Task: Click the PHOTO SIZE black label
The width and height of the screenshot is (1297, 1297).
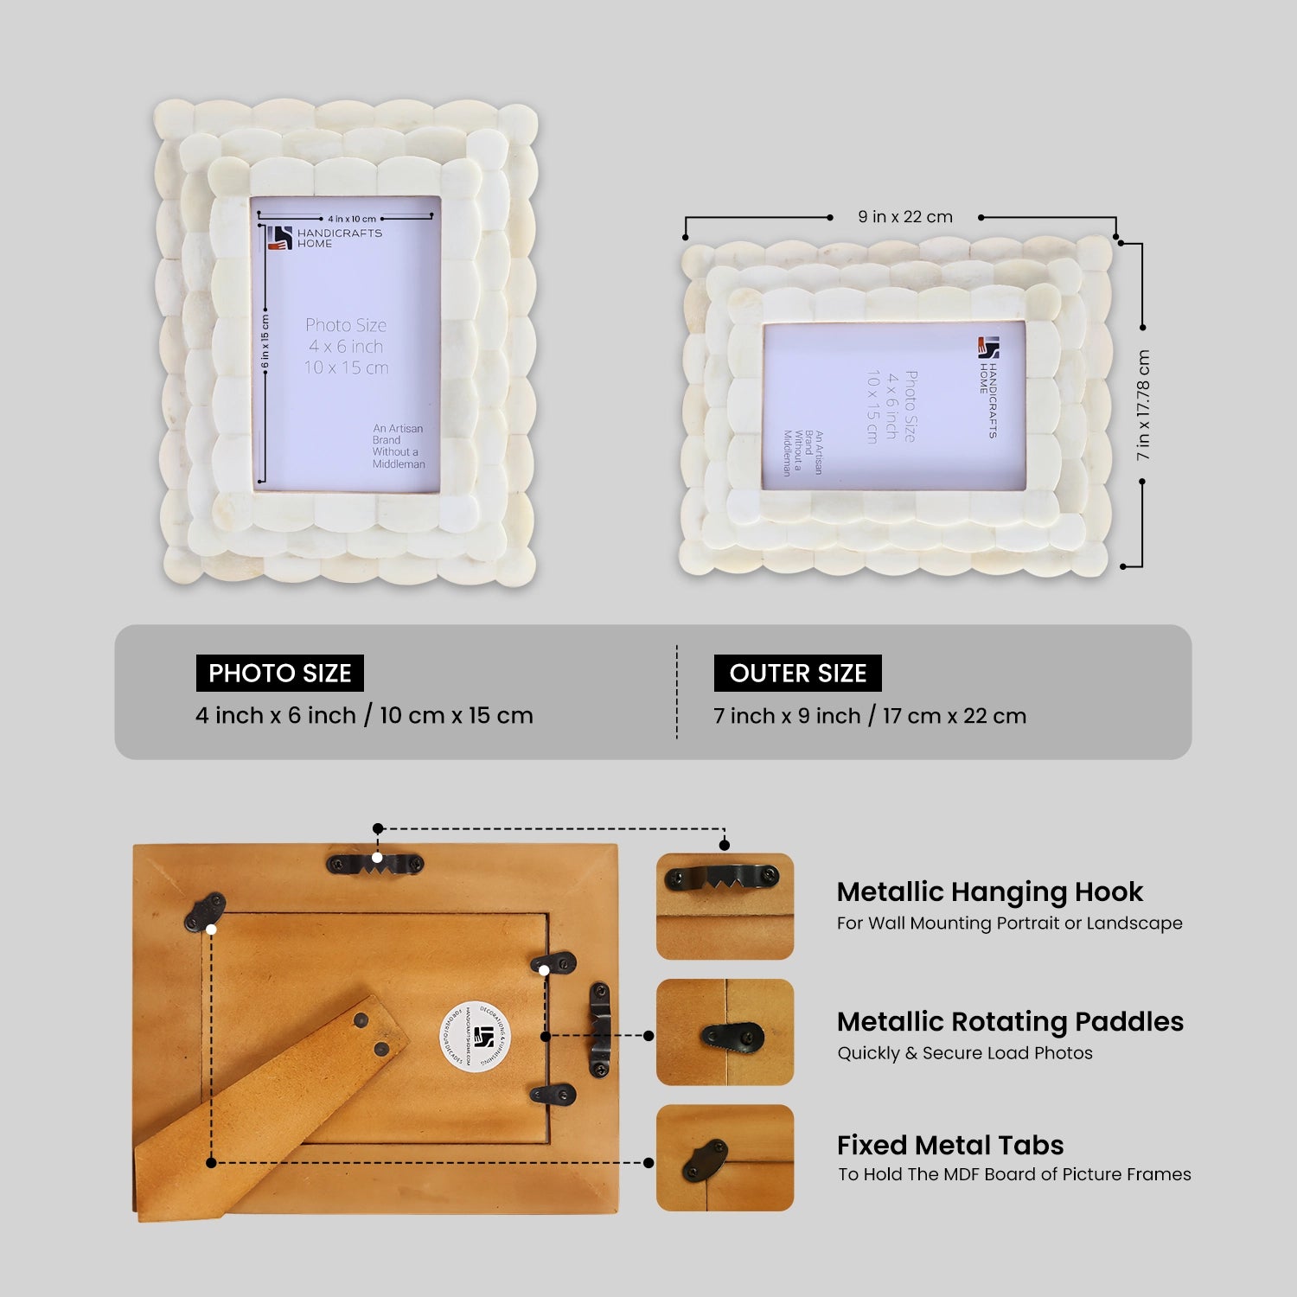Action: (279, 673)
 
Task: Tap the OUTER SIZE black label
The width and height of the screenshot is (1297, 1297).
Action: (797, 673)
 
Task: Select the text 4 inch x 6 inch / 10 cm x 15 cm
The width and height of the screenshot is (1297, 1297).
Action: (364, 715)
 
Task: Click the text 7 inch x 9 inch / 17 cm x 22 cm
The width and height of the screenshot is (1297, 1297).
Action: (870, 716)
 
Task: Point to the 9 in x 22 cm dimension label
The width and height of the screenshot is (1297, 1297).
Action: (904, 217)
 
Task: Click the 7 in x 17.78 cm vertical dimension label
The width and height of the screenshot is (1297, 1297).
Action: (1143, 405)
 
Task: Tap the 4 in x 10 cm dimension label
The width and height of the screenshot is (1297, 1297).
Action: (352, 219)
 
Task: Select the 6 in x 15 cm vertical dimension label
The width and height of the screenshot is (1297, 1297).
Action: (265, 342)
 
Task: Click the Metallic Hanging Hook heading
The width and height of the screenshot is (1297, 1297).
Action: (989, 891)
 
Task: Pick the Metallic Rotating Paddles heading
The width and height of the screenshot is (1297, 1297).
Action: (1010, 1021)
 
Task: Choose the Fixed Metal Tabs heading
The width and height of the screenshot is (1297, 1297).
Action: (950, 1145)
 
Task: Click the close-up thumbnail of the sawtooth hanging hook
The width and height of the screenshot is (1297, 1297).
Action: (725, 906)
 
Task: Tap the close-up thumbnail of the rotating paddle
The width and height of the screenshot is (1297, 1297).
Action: (725, 1032)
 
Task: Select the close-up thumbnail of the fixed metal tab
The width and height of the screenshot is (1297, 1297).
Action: (725, 1158)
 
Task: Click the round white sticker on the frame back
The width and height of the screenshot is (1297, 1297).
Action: (475, 1036)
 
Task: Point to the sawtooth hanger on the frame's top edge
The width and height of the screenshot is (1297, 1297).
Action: (375, 862)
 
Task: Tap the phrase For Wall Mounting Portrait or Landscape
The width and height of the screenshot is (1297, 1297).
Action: (1009, 923)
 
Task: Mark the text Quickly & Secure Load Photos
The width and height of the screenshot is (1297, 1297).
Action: (964, 1053)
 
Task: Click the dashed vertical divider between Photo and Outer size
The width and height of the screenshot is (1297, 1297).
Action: (677, 692)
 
